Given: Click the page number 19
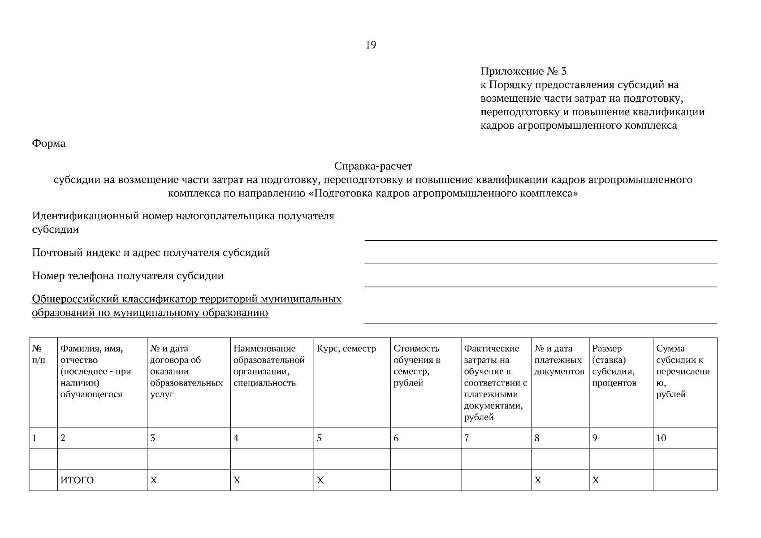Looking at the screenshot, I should pyautogui.click(x=371, y=45).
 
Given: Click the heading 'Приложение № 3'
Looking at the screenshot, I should pyautogui.click(x=523, y=71).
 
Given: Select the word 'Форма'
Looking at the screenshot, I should pyautogui.click(x=48, y=143).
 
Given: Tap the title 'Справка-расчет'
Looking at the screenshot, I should pyautogui.click(x=373, y=166).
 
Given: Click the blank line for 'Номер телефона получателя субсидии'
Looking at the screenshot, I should pyautogui.click(x=540, y=282).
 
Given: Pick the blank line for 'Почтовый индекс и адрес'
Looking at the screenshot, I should pyautogui.click(x=540, y=259).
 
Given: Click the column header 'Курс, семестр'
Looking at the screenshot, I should pyautogui.click(x=346, y=349).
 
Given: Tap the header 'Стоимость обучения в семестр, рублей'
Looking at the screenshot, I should pyautogui.click(x=417, y=365).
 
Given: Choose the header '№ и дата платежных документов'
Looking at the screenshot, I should pyautogui.click(x=559, y=360).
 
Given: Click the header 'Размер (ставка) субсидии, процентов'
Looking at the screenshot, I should pyautogui.click(x=614, y=365).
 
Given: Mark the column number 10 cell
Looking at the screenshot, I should pyautogui.click(x=662, y=438).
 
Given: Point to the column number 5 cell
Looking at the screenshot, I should pyautogui.click(x=319, y=438).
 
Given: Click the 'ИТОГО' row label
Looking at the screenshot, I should pyautogui.click(x=77, y=481).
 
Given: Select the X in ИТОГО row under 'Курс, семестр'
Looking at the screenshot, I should pyautogui.click(x=320, y=481).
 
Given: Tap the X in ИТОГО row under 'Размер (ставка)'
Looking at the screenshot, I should pyautogui.click(x=596, y=481).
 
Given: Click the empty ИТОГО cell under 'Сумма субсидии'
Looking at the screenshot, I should pyautogui.click(x=684, y=480).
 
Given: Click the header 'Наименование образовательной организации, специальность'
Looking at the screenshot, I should pyautogui.click(x=269, y=365).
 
